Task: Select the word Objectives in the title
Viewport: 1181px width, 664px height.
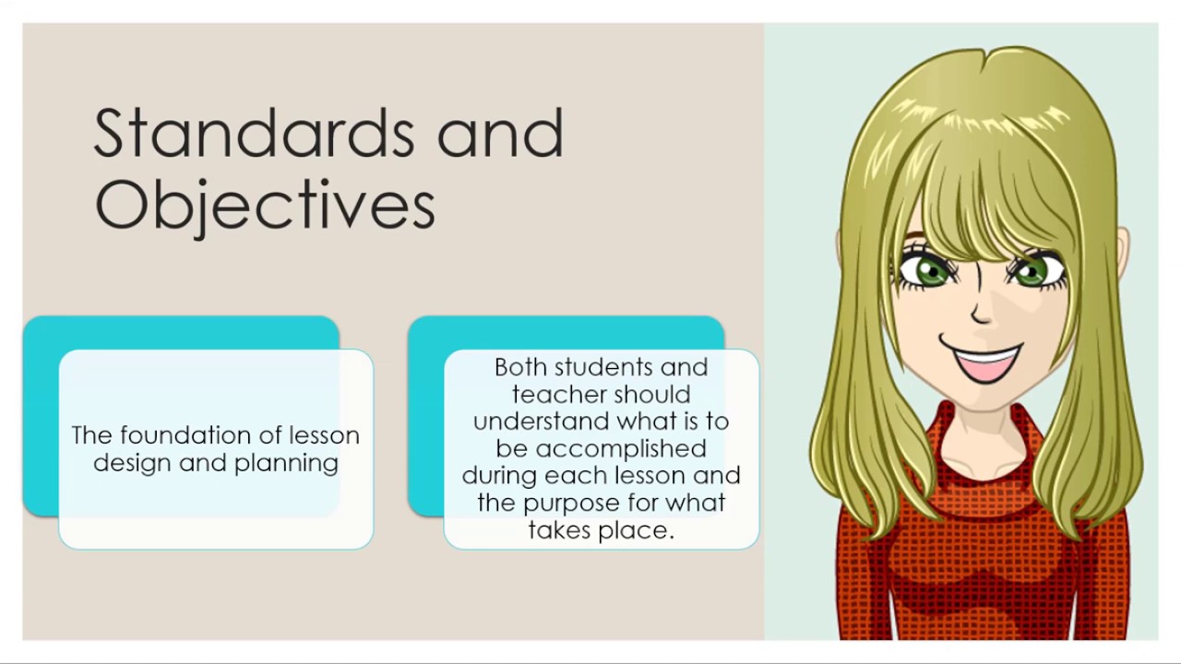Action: pos(264,205)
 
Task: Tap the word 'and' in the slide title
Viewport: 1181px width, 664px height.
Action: pos(499,135)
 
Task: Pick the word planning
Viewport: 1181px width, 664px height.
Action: pos(286,464)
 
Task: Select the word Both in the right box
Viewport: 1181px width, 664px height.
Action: pos(519,367)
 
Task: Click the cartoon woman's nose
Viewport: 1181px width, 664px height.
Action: pos(981,314)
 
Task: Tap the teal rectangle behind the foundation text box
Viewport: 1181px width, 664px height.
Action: pos(41,415)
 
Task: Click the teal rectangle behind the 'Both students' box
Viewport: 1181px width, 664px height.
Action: pos(425,415)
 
